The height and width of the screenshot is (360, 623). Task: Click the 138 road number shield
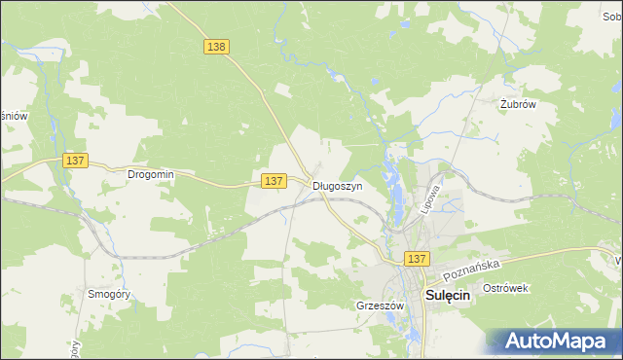click(216, 46)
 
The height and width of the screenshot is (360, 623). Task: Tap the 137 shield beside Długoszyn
click(274, 181)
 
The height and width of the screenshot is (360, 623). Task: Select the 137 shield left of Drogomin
click(73, 160)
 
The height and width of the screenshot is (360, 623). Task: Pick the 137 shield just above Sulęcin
click(417, 258)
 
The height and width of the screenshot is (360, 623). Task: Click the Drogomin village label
click(150, 175)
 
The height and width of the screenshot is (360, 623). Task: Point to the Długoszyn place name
click(337, 186)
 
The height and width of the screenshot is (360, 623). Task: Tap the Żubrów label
click(518, 105)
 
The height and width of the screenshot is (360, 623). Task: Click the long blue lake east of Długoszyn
click(395, 185)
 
